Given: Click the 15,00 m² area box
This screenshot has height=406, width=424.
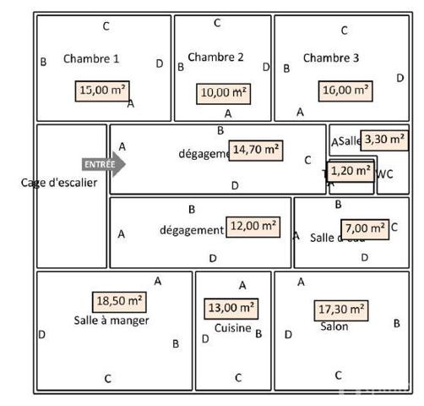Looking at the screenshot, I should [104, 89].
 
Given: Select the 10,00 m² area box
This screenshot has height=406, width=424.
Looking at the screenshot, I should [224, 91].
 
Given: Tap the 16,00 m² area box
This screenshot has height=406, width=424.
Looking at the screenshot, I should [345, 89].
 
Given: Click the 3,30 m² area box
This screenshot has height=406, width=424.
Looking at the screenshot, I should [384, 139].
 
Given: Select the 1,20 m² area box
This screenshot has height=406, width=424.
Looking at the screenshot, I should [351, 171].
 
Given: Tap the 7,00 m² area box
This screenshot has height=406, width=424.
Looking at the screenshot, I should [365, 228].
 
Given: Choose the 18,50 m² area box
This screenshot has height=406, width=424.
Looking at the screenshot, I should [118, 301].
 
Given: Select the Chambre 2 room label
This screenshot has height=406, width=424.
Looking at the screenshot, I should [215, 58].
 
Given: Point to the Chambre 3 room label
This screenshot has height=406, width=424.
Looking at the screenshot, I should [331, 58].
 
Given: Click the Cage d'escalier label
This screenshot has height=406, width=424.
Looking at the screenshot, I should [59, 183].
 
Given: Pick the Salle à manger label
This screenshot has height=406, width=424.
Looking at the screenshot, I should [111, 321].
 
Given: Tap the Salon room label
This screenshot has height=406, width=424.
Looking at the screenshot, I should [334, 326].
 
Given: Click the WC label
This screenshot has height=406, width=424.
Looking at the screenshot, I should [385, 174].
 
